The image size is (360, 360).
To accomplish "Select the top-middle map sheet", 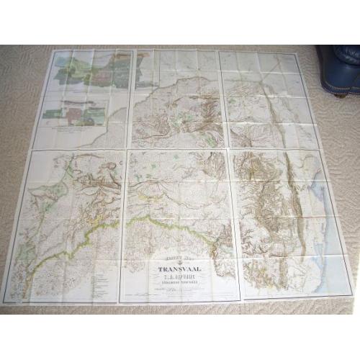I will [176, 97].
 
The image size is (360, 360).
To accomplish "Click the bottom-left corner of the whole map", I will [5, 302].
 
